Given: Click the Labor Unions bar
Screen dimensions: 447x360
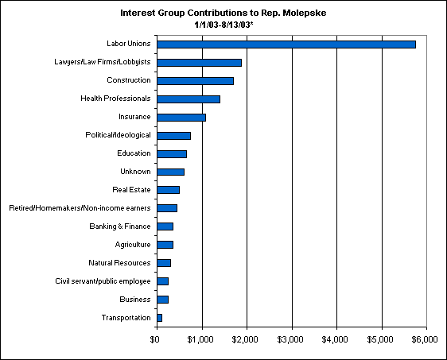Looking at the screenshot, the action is [286, 45].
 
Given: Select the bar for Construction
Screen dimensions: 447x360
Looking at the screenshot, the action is [196, 81].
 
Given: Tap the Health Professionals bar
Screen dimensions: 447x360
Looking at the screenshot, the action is [189, 99].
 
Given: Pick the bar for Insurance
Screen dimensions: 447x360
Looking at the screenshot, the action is [181, 118].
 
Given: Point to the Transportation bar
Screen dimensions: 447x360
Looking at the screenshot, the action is [160, 318].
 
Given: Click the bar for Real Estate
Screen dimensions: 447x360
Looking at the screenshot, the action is [168, 190].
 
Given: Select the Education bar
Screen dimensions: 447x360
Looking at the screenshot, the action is [172, 154].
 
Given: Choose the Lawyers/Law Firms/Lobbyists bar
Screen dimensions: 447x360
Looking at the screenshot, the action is [200, 63].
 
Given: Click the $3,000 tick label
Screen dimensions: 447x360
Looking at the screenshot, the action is [290, 339].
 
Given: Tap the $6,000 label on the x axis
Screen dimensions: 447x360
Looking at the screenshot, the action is [425, 339].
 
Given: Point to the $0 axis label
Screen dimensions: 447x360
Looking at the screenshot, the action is [154, 339].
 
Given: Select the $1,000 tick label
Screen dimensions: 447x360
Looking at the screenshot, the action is [200, 339].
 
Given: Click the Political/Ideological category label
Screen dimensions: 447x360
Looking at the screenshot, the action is [118, 135].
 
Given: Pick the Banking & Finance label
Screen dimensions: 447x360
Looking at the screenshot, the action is [120, 226].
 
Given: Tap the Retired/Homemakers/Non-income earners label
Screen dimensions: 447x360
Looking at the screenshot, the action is [80, 208].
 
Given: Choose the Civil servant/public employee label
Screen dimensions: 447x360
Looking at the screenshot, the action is [103, 281].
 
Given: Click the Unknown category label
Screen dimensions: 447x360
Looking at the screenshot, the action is [135, 172].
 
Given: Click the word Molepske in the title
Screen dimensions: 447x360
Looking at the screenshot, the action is [305, 13].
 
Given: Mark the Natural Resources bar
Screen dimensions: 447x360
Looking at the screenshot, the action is [164, 263].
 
